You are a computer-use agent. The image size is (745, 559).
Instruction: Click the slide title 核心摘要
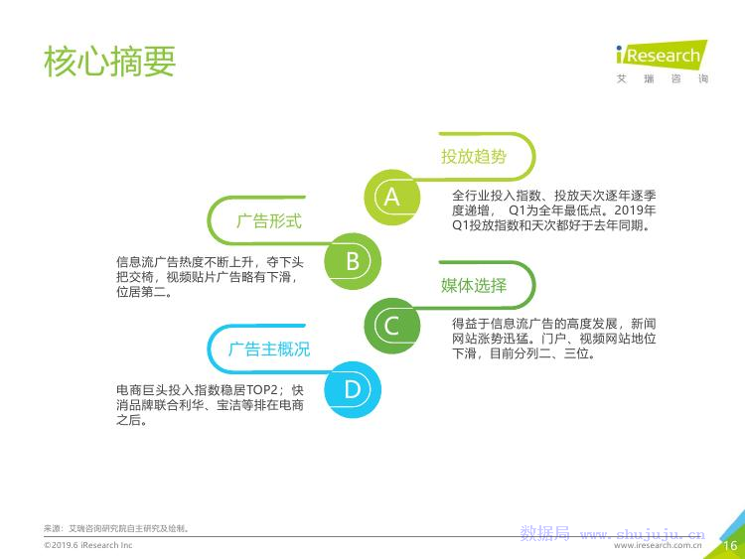point(109,62)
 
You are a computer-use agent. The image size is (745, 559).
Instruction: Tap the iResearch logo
point(662,54)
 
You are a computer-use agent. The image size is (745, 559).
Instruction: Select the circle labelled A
point(392,198)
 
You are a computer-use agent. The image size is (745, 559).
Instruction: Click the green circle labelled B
point(353,261)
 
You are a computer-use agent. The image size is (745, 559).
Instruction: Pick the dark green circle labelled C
point(392,326)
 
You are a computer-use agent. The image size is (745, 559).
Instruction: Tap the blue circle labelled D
point(353,390)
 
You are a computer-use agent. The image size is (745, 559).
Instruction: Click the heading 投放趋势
point(474,156)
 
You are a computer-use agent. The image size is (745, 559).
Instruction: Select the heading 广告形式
point(269,220)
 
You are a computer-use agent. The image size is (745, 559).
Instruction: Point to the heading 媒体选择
point(474,285)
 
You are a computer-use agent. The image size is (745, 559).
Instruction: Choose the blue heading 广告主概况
point(269,349)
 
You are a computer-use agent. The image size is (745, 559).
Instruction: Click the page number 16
point(730,545)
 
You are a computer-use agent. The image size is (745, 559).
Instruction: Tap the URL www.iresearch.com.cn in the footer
point(658,546)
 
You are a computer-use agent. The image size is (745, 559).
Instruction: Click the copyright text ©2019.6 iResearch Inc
point(87,545)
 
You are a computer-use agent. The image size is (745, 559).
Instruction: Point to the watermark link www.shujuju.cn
point(643,535)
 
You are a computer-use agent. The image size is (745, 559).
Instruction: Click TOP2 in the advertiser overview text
point(262,390)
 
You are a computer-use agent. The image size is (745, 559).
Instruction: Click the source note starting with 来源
point(117,528)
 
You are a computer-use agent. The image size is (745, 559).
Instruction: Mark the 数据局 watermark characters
point(545,533)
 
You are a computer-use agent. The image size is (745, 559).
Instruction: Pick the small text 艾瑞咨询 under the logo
point(662,78)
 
